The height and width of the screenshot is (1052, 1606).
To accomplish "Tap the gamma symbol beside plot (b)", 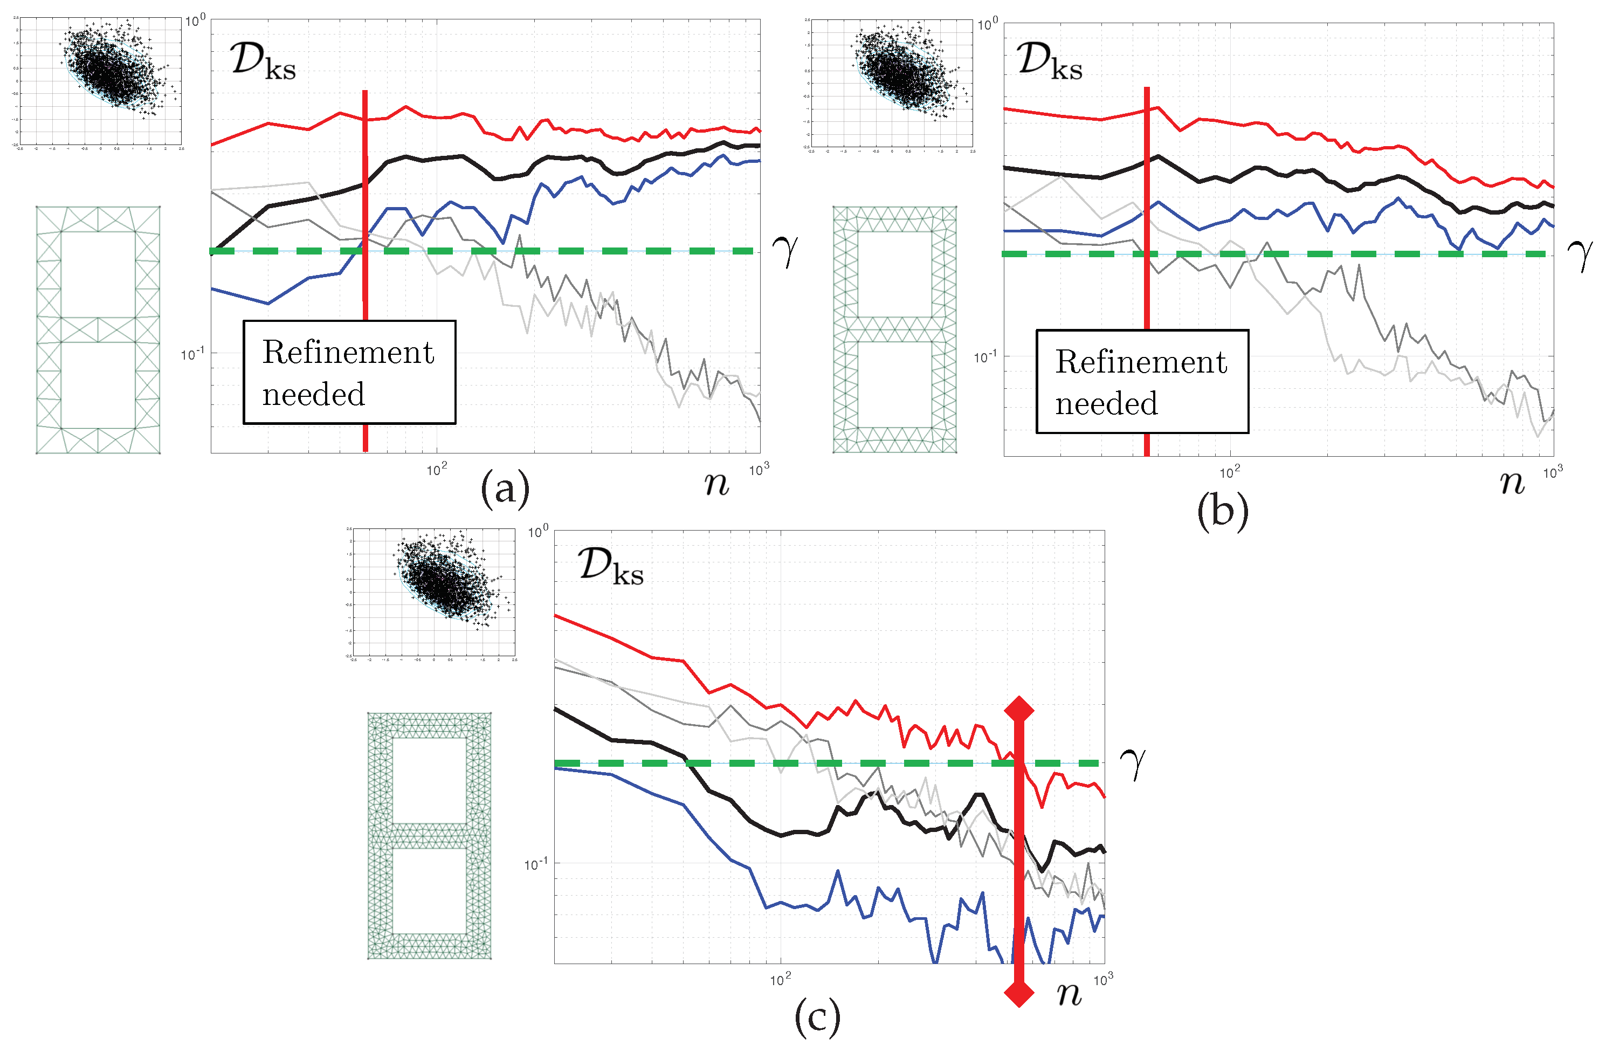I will [x=1580, y=255].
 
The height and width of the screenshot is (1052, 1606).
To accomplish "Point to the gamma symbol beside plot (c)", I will [x=1133, y=762].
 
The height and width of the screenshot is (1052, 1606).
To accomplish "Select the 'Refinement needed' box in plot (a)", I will [x=349, y=373].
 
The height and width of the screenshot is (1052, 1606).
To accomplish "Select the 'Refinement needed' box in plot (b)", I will [x=1142, y=382].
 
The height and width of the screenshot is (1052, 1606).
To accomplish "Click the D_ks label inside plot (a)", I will [x=263, y=62].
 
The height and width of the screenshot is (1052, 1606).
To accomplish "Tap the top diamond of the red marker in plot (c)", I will [x=1019, y=709].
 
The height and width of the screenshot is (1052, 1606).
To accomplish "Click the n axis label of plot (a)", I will [x=716, y=484].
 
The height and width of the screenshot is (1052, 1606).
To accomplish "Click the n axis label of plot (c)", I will [x=1070, y=994].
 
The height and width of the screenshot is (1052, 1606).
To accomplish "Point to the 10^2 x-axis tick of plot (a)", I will [x=437, y=469].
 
